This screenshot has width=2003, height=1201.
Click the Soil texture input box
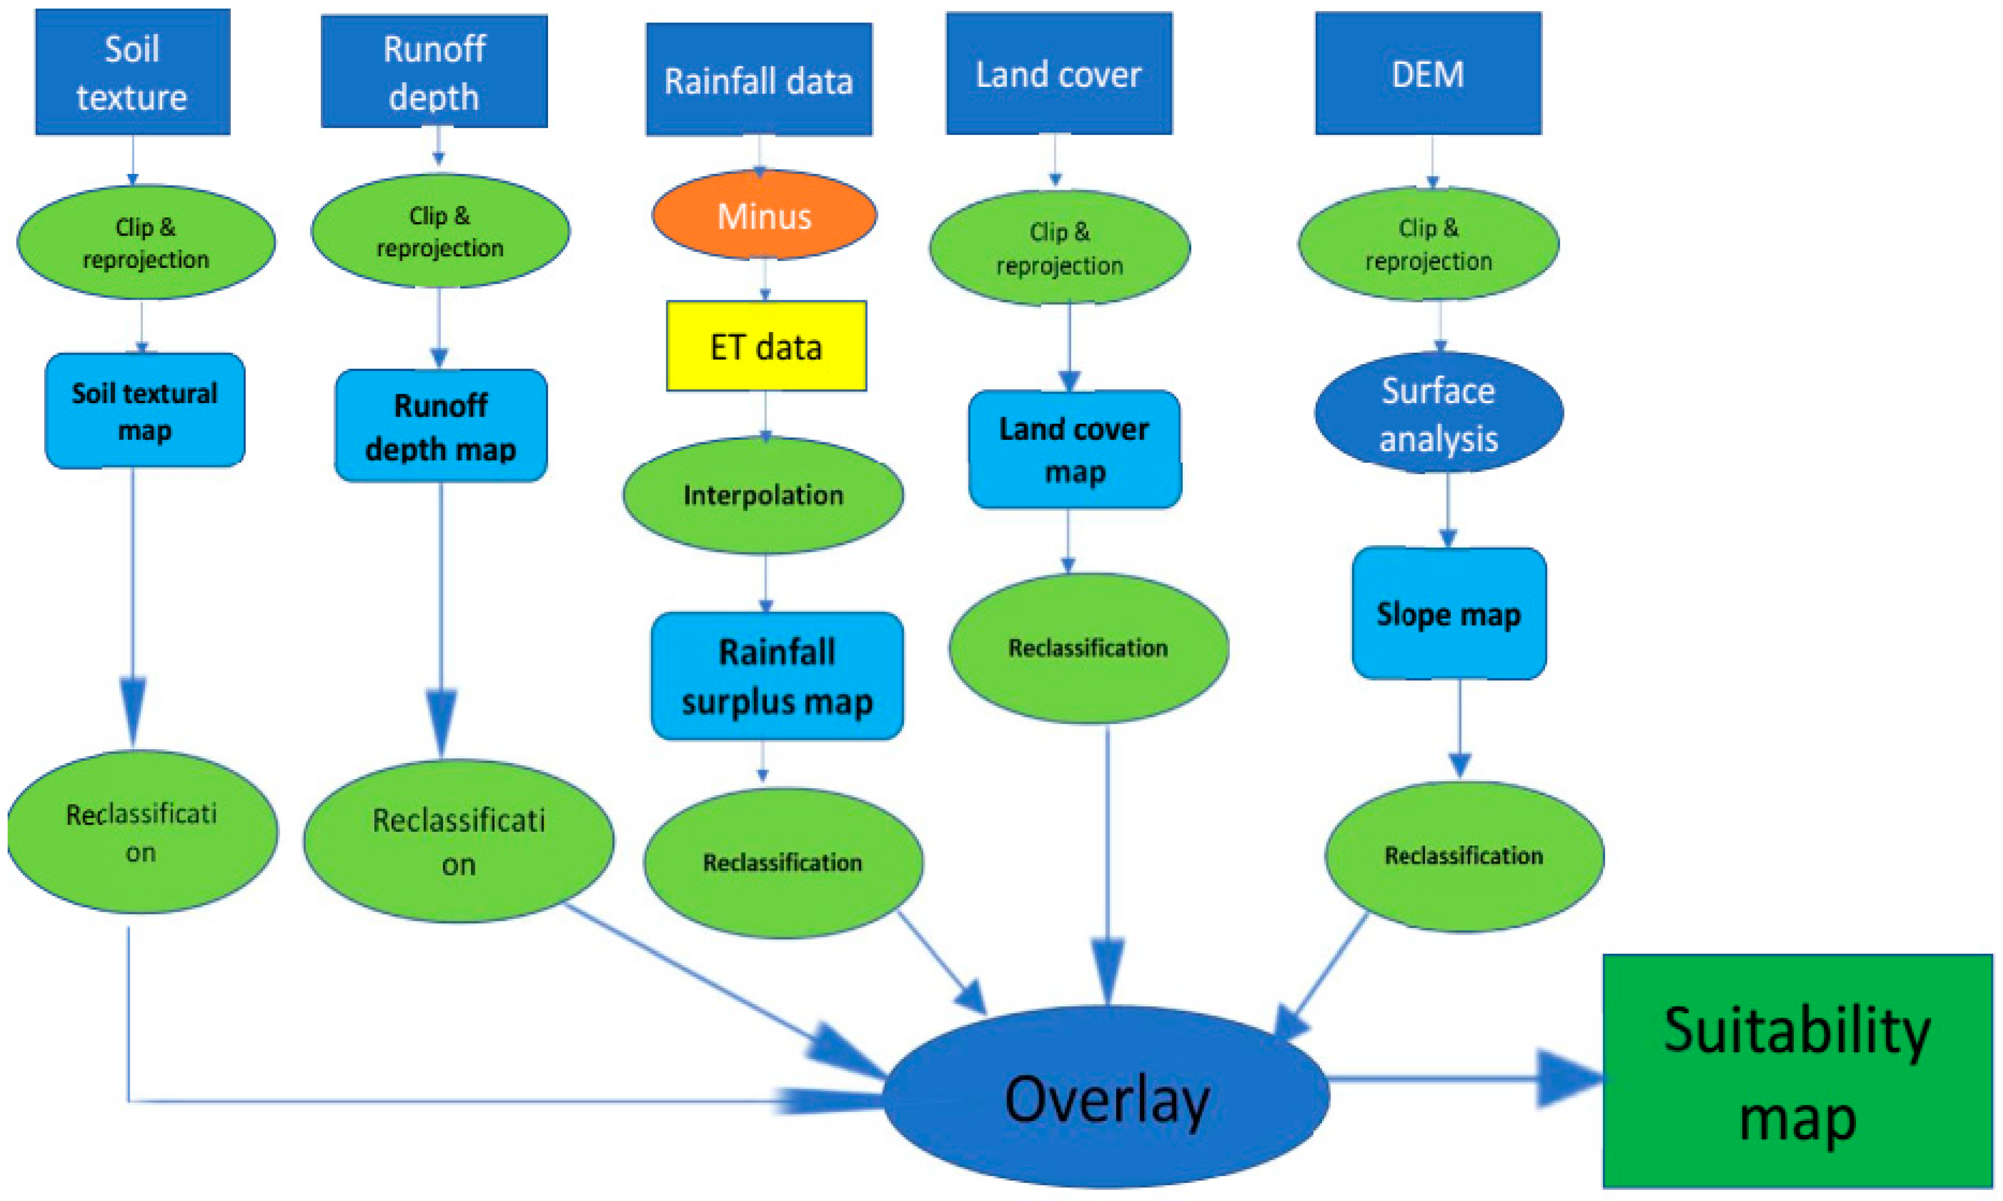point(132,73)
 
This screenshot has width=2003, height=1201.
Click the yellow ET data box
point(766,346)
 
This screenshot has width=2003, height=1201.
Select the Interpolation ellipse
point(763,495)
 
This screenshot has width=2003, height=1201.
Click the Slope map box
point(1448,613)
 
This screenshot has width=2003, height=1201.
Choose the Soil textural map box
point(145,410)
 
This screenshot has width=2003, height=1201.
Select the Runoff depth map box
point(441,426)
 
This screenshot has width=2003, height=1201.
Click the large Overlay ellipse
point(1106,1098)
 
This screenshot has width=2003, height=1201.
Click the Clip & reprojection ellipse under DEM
point(1428,244)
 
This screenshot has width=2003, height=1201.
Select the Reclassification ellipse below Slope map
point(1464,855)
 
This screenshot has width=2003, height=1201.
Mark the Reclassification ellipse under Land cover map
point(1088,647)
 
